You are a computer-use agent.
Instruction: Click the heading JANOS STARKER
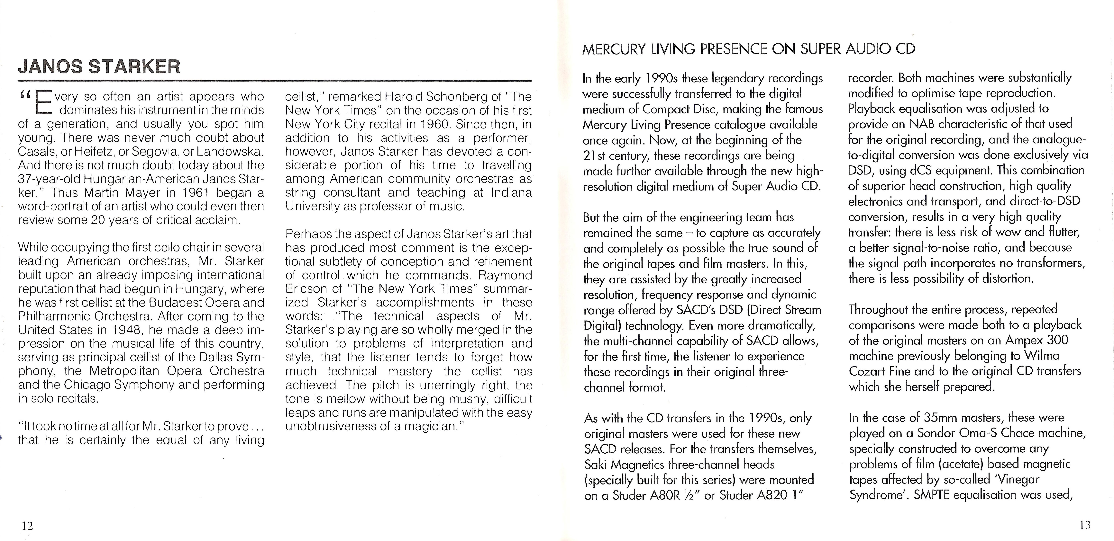pyautogui.click(x=99, y=67)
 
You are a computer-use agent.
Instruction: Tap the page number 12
pyautogui.click(x=27, y=526)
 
